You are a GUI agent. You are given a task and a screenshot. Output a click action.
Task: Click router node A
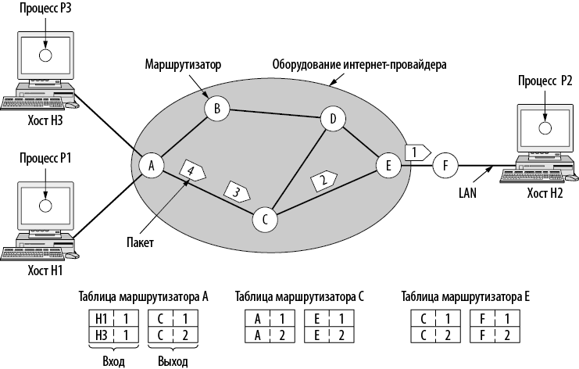pyautogui.click(x=151, y=165)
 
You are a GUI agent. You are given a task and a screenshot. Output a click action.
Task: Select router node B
pyautogui.click(x=216, y=109)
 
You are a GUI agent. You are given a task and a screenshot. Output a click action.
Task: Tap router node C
pyautogui.click(x=265, y=220)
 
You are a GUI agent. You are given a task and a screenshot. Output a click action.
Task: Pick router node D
pyautogui.click(x=333, y=120)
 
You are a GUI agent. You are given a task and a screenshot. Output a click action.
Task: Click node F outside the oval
pyautogui.click(x=445, y=165)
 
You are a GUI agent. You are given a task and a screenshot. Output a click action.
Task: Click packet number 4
pyautogui.click(x=191, y=168)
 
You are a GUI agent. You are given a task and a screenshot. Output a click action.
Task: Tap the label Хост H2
pyautogui.click(x=545, y=192)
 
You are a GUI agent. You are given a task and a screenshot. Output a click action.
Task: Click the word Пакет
pyautogui.click(x=138, y=243)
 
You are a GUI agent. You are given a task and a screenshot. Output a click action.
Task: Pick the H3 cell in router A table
pyautogui.click(x=100, y=334)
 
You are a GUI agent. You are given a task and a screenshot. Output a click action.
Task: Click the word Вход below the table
pyautogui.click(x=113, y=361)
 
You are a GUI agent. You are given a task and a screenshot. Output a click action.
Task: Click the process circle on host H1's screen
pyautogui.click(x=45, y=205)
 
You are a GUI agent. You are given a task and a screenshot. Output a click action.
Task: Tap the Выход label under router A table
pyautogui.click(x=171, y=361)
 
